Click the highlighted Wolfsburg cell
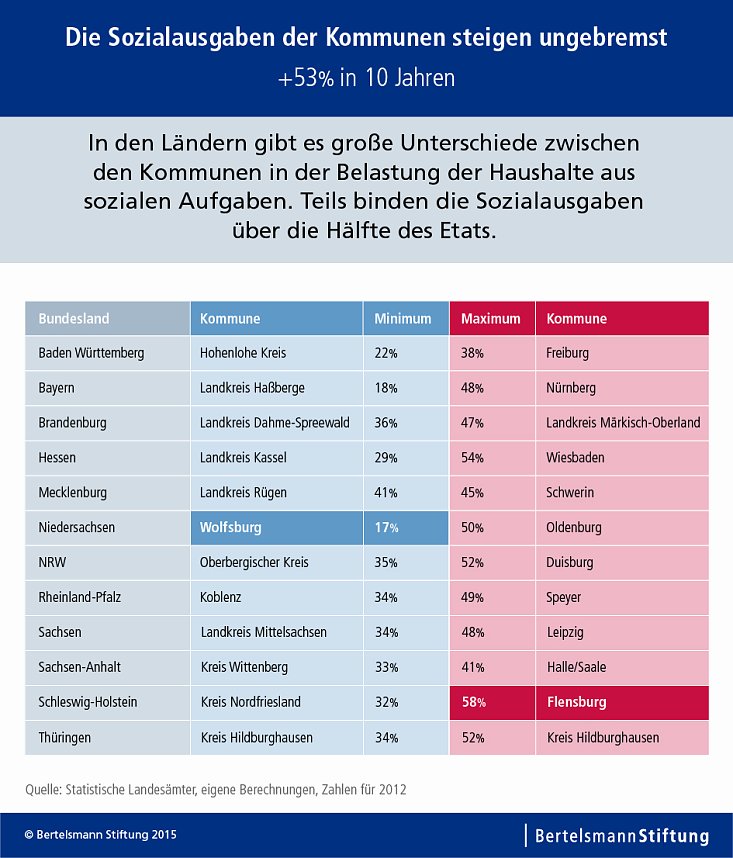pos(275,527)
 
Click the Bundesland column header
pos(107,319)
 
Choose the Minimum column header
pos(405,319)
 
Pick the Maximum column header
pos(491,319)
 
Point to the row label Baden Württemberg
pos(91,353)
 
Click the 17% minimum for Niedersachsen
pos(387,527)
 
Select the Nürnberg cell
pos(570,388)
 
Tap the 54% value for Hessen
pos(473,458)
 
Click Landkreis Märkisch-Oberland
pos(623,423)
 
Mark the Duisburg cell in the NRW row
pos(570,562)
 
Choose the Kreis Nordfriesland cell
pos(250,702)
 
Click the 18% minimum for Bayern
pos(387,388)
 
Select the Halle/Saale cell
pos(576,667)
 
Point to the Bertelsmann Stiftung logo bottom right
pos(621,835)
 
